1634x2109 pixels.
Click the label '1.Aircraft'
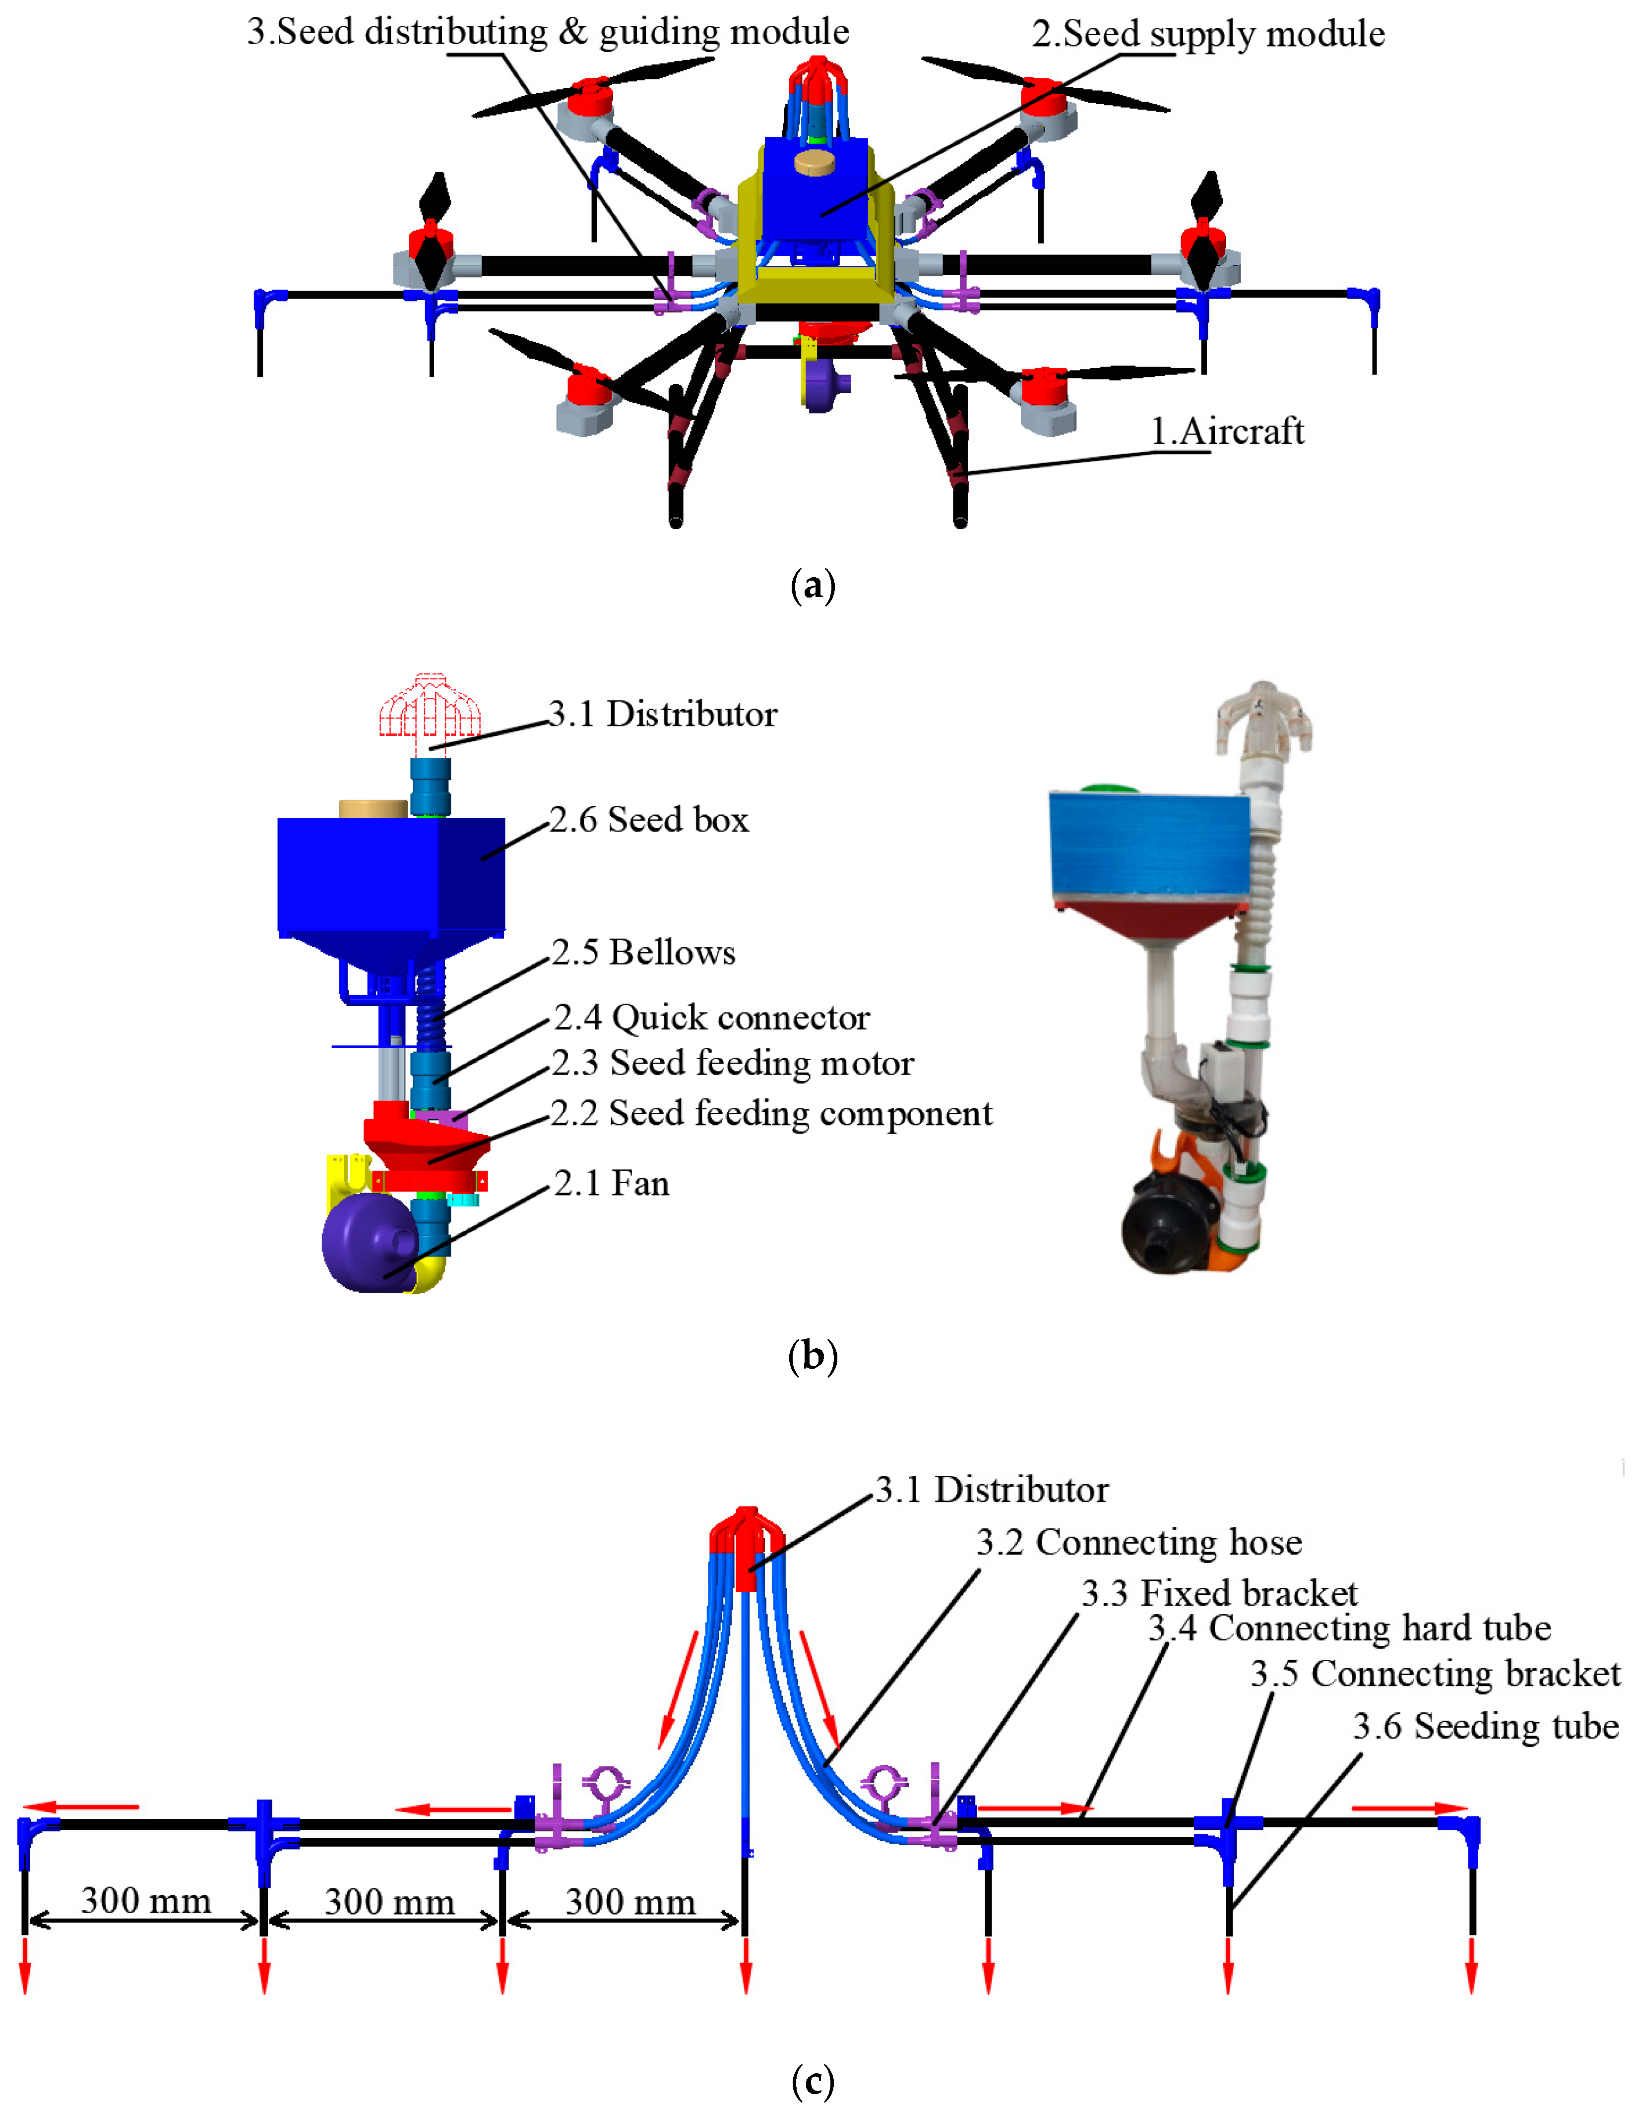(1226, 431)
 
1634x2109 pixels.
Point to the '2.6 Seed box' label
(649, 820)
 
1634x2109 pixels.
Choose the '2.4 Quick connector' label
(712, 1018)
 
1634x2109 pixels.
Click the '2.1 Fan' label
(611, 1184)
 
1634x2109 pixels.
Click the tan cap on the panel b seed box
(373, 808)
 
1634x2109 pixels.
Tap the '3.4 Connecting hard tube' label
(1349, 1628)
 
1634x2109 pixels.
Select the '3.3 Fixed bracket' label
(1219, 1593)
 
